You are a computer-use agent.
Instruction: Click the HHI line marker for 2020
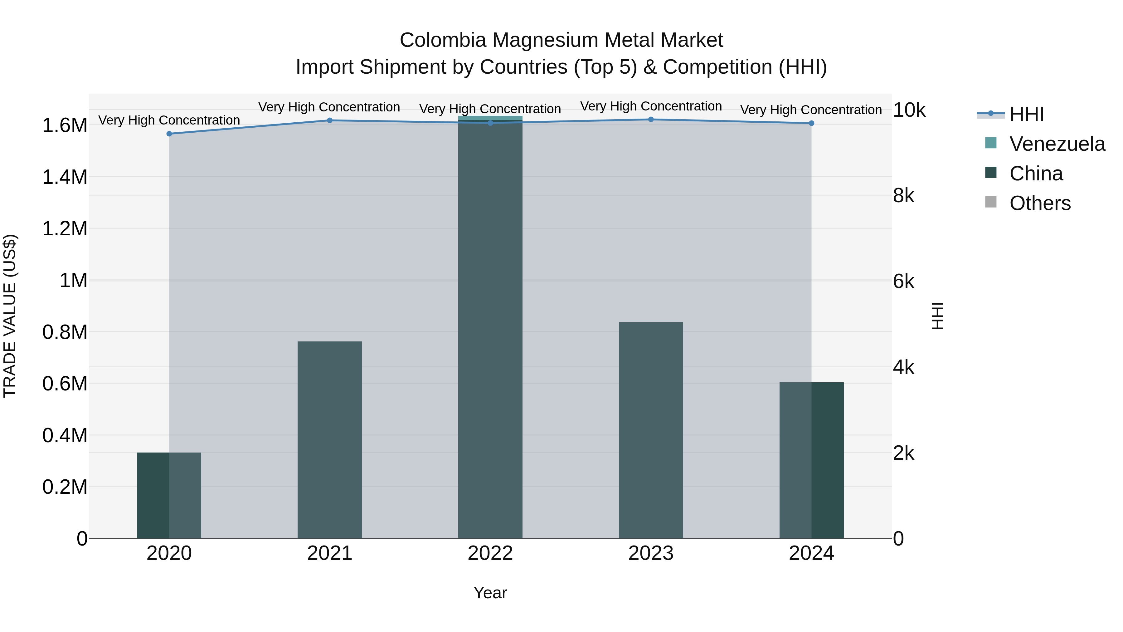tap(169, 134)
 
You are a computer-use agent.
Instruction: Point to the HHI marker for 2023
tap(650, 120)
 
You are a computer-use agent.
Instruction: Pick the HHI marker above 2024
tap(811, 123)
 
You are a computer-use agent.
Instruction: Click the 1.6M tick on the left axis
tap(65, 125)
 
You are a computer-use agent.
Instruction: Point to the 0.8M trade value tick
tap(65, 332)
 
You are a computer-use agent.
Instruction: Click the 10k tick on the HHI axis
tap(909, 110)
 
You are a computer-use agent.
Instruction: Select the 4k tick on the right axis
tap(903, 368)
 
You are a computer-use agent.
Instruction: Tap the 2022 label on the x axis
tap(490, 553)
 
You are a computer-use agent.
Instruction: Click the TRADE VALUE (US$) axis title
tap(10, 316)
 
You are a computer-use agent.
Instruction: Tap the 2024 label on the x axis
tap(811, 553)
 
